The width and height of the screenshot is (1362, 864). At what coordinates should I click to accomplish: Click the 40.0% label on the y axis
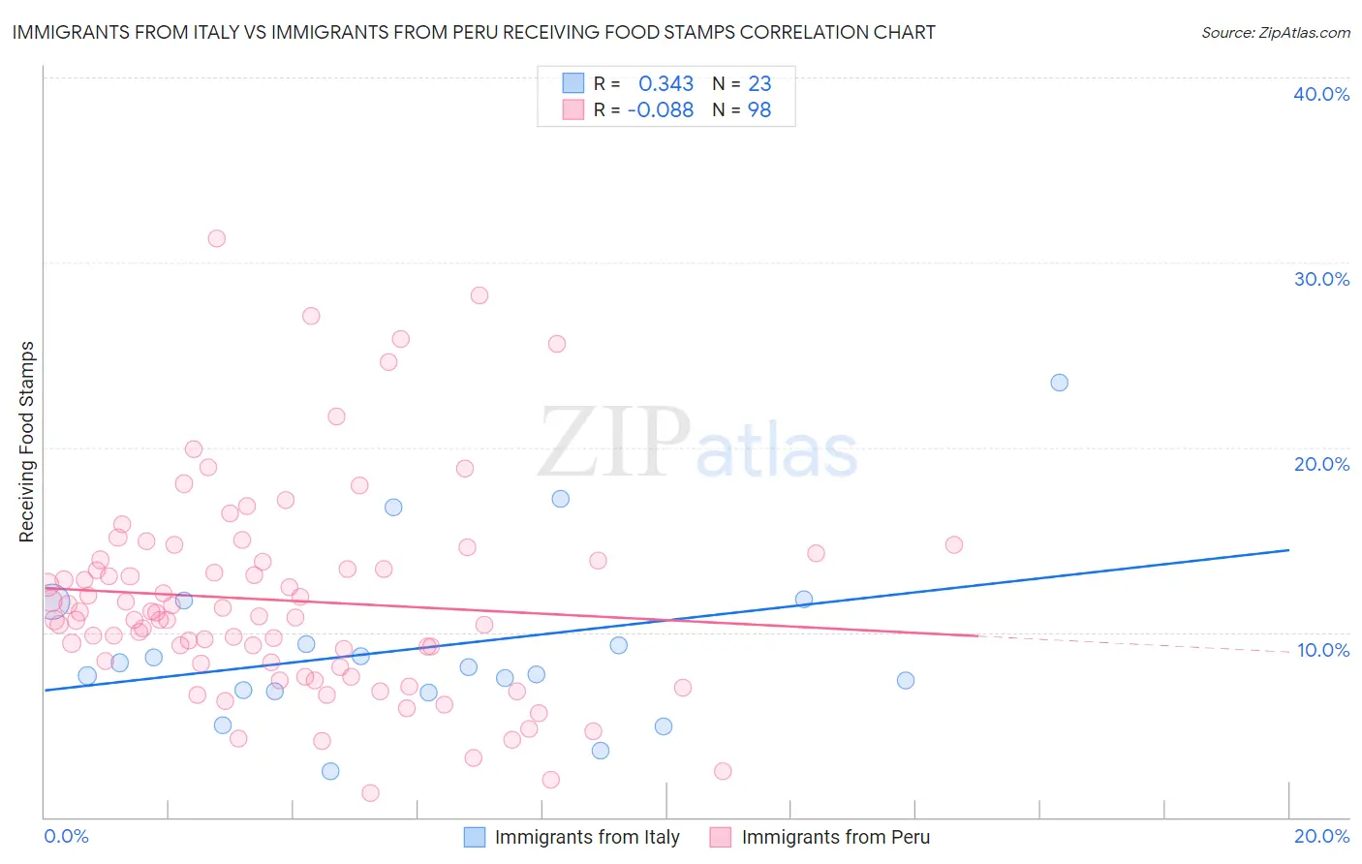(1321, 94)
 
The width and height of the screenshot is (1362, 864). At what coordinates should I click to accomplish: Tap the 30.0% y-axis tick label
(1321, 279)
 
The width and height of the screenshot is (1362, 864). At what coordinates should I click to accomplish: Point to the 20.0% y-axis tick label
(1321, 464)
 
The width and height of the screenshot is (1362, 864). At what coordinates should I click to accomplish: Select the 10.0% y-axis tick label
(1322, 650)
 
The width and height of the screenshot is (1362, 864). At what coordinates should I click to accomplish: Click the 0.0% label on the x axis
(66, 836)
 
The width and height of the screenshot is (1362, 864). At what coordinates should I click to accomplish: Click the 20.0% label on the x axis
(1321, 836)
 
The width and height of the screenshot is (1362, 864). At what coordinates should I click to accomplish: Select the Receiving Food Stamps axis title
(26, 442)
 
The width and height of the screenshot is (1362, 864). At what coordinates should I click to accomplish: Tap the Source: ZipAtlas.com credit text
(1275, 32)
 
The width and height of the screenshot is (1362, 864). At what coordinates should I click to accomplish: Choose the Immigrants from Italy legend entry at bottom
(586, 837)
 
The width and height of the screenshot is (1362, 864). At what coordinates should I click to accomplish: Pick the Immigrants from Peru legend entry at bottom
(835, 837)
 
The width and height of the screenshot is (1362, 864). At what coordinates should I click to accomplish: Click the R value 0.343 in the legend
(666, 84)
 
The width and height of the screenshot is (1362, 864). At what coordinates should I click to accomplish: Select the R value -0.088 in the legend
(661, 110)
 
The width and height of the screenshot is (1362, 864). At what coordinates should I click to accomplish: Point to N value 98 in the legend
(758, 110)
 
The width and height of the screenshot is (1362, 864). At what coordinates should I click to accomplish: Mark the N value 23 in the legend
(758, 84)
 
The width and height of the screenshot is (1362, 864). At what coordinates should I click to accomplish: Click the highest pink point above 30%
(217, 238)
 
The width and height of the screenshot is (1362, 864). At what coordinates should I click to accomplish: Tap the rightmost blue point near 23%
(1060, 383)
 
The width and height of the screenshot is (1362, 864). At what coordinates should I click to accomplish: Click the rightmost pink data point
(954, 544)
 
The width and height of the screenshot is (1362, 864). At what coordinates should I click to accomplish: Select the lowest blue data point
(330, 771)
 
